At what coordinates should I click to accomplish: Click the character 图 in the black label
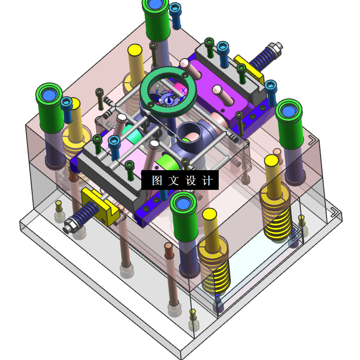click(x=157, y=180)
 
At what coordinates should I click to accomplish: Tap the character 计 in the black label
click(x=207, y=180)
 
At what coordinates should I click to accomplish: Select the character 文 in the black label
click(x=174, y=180)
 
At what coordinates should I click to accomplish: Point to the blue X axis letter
click(x=183, y=91)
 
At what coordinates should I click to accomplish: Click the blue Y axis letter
click(x=157, y=92)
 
